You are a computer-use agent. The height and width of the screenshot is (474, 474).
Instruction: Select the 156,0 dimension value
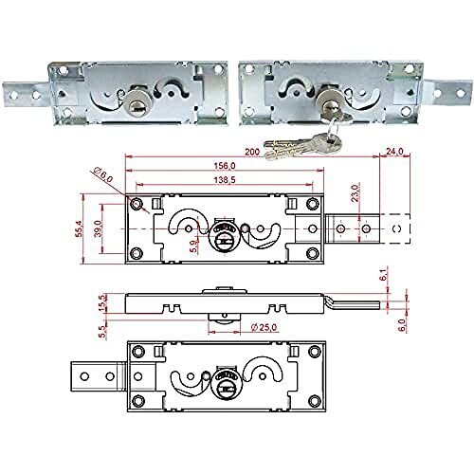click(x=221, y=166)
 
